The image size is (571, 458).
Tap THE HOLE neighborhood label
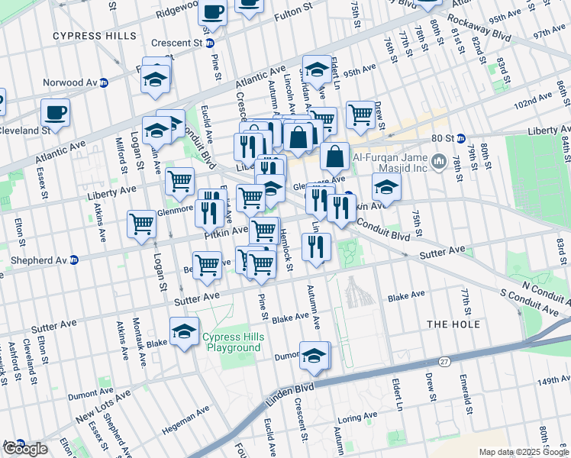[x=453, y=324]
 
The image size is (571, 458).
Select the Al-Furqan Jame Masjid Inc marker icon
[x=439, y=161]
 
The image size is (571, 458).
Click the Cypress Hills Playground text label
[x=231, y=342]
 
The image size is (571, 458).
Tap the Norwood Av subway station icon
[x=103, y=82]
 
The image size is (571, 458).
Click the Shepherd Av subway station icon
[x=75, y=259]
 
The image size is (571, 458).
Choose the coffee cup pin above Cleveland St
[x=55, y=113]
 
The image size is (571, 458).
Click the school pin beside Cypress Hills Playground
[x=184, y=332]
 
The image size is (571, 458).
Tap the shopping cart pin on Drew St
[x=360, y=115]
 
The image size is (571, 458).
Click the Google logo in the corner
[x=24, y=449]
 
